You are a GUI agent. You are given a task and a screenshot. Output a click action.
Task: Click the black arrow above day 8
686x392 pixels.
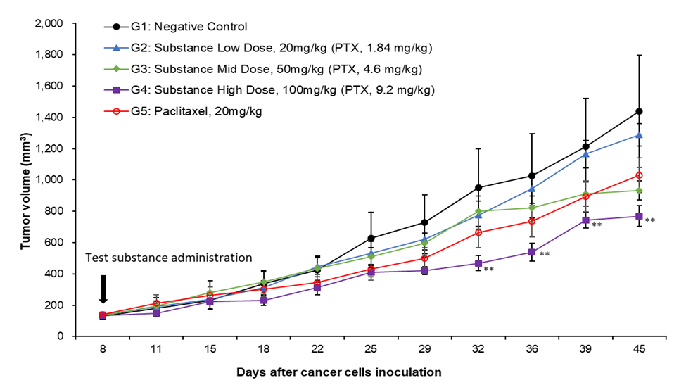103,289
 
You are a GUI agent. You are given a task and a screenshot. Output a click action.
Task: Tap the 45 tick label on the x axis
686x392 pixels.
640,350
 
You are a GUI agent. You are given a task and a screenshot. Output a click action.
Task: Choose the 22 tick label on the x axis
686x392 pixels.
317,350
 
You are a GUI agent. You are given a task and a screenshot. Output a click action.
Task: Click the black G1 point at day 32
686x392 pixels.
478,187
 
